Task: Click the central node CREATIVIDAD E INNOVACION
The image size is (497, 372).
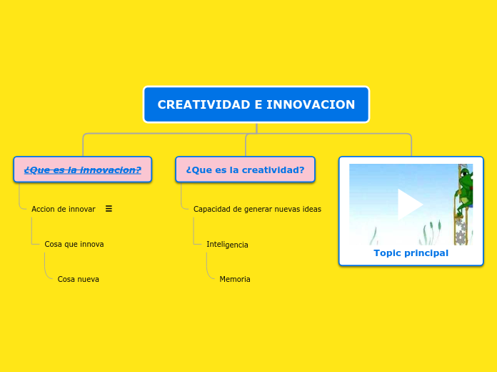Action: pos(256,104)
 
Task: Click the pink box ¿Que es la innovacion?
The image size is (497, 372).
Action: pos(83,170)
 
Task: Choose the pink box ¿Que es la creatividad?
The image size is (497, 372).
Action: pos(245,170)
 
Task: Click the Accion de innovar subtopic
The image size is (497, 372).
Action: pos(63,209)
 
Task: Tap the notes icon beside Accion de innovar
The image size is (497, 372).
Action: pos(109,209)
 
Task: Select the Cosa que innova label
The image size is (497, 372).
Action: pos(74,244)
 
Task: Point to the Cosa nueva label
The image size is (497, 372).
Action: pos(79,279)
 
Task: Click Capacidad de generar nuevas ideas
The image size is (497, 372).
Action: pos(257,209)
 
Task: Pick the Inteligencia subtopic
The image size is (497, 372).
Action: pos(227,245)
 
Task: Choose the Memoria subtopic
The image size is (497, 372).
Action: pos(235,279)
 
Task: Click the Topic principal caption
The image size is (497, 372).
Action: pos(411,253)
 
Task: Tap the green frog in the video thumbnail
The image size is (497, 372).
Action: pos(466,192)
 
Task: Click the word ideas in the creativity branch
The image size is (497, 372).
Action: pos(311,209)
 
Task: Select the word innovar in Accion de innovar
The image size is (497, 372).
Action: pos(81,209)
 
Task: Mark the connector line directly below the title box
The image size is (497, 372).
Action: pos(256,128)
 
